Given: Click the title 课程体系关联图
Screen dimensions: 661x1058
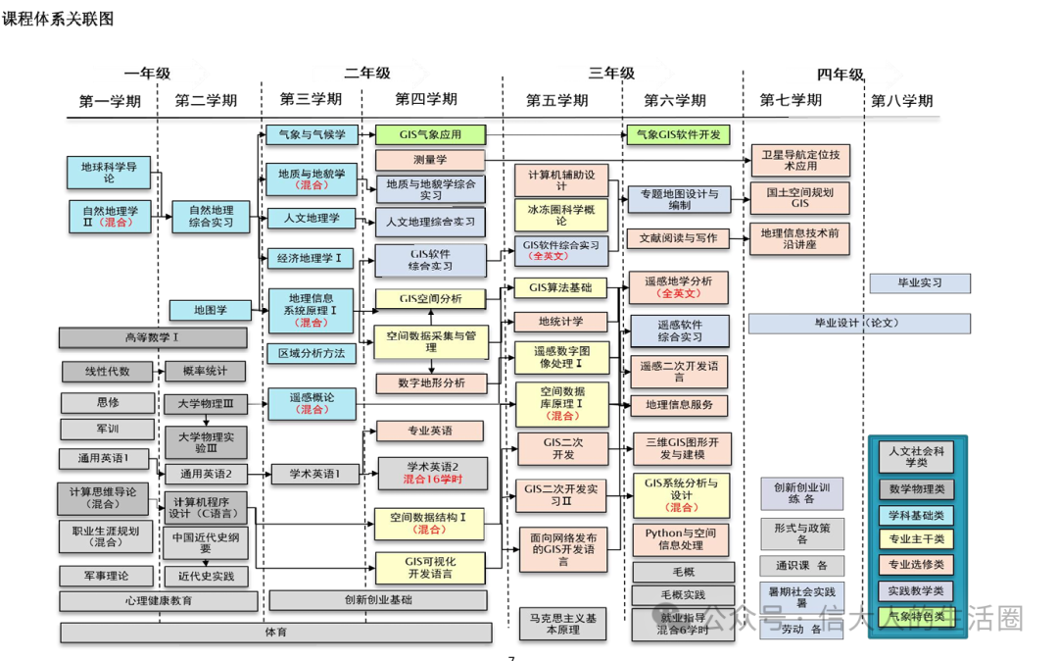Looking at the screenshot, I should click(58, 19).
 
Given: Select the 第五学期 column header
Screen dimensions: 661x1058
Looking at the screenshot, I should click(556, 101).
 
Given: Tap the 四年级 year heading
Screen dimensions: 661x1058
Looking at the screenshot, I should click(840, 75).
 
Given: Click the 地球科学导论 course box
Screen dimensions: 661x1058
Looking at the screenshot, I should click(109, 173).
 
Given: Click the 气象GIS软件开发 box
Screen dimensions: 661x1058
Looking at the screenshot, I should click(678, 134).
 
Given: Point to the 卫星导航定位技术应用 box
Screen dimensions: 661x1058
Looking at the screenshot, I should click(799, 159).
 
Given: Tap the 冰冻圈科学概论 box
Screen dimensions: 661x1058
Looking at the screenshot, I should click(560, 215).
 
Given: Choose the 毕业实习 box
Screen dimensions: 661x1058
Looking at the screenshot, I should click(919, 283).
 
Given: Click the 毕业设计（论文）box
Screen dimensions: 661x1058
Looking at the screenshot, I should click(858, 323).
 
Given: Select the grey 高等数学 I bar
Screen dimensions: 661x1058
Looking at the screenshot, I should click(152, 337).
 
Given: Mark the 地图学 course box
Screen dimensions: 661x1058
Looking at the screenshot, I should click(210, 311).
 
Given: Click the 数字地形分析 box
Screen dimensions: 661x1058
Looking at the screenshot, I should click(431, 382).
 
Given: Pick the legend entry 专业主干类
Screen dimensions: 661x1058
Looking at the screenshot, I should click(916, 538).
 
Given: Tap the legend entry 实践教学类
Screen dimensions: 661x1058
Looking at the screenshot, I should click(916, 590).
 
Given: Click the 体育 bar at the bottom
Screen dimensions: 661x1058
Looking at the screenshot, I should click(274, 633).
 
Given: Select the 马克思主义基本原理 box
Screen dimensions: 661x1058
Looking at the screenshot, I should click(561, 624).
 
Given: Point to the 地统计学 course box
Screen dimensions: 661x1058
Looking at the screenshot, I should click(560, 322).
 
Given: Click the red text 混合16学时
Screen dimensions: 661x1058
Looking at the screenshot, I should click(431, 480).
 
